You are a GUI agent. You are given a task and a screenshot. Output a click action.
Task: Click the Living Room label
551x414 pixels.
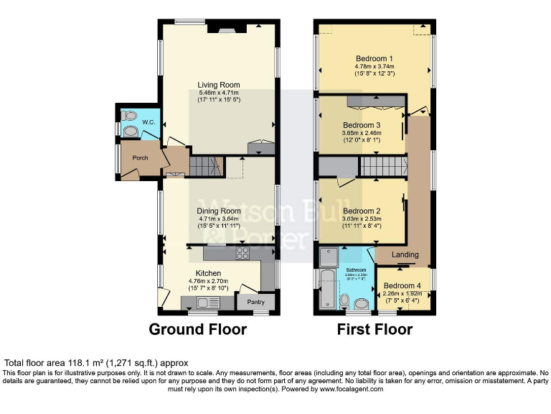tap(218, 85)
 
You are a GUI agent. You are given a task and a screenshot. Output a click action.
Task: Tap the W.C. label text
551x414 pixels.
tap(149, 122)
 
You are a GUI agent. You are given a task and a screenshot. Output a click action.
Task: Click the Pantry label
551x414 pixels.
tap(256, 302)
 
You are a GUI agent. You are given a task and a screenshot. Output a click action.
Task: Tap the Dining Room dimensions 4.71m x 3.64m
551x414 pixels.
tap(218, 219)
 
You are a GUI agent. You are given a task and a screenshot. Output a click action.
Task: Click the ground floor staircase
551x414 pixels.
tap(204, 167)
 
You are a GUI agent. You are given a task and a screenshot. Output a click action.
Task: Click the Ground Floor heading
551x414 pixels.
tap(197, 330)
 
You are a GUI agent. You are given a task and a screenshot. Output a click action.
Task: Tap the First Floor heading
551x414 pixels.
tap(375, 330)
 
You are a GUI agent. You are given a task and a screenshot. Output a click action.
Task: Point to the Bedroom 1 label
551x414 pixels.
tap(375, 58)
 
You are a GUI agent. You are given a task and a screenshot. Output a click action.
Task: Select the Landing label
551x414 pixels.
tap(405, 254)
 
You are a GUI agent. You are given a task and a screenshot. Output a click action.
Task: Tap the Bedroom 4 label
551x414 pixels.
tap(402, 285)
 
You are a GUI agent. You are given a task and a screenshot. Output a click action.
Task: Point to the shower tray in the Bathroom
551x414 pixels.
tap(329, 257)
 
